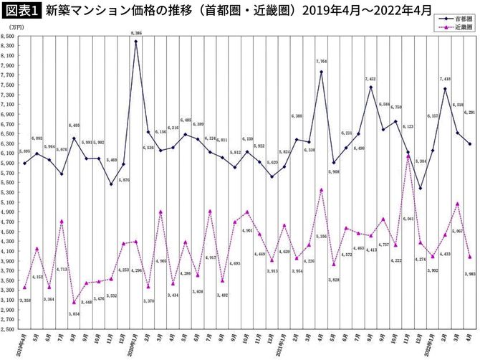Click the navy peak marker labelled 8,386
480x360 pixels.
tap(136, 42)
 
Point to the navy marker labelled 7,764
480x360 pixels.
tap(321, 72)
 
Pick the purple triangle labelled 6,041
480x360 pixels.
tap(408, 156)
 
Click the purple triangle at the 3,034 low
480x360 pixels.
tap(74, 302)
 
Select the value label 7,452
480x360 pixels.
tap(370, 79)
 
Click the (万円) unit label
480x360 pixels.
tap(14, 27)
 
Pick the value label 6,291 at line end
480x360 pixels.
tap(469, 112)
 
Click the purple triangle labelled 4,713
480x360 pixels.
tap(62, 222)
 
